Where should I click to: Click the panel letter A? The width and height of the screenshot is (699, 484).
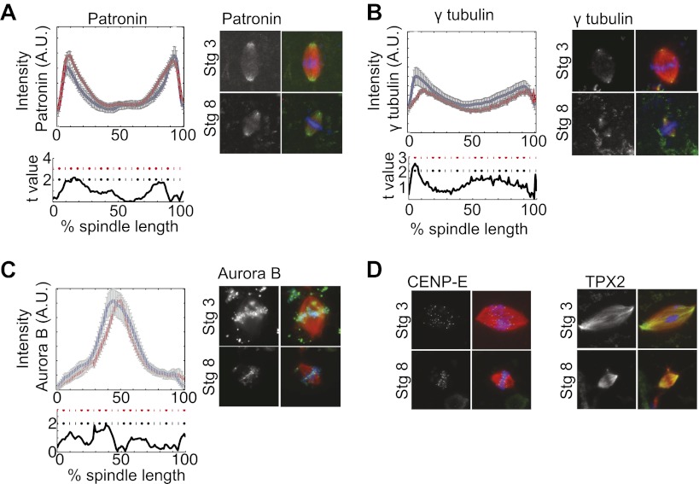11,15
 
